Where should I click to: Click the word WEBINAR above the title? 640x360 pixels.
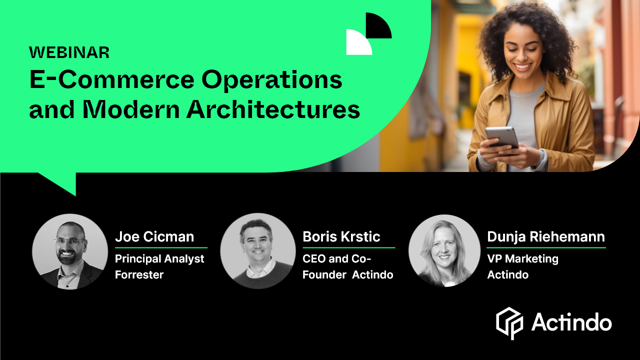(x=69, y=52)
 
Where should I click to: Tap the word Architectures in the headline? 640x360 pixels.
(x=273, y=109)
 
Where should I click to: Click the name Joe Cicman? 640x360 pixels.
(x=154, y=236)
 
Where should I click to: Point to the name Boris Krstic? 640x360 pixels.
(x=341, y=236)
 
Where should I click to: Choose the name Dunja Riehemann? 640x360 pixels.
(x=546, y=236)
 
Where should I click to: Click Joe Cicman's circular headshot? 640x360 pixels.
(x=70, y=251)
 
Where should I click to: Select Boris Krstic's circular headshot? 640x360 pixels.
(x=258, y=251)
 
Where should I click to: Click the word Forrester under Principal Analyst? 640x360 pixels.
(x=139, y=274)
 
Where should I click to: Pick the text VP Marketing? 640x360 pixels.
(x=522, y=259)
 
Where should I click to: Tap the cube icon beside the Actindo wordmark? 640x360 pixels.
(x=509, y=323)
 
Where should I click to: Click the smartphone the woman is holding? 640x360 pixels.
(x=502, y=136)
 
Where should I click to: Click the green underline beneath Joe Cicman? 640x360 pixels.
(x=161, y=247)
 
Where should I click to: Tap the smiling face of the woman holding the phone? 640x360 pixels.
(x=522, y=53)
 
